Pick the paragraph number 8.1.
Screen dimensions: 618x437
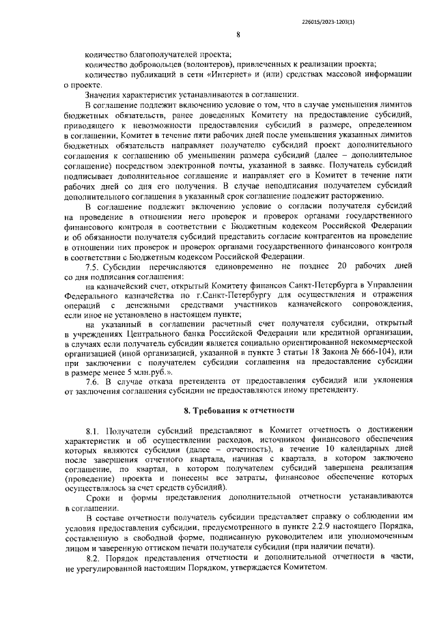pyautogui.click(x=94, y=432)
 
